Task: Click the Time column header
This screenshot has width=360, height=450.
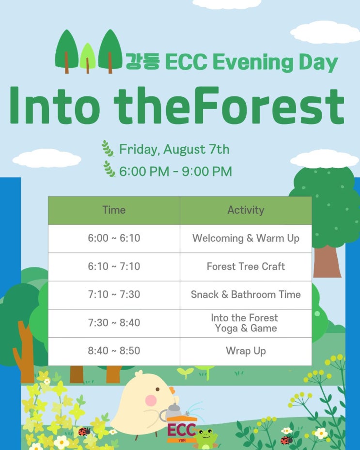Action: click(114, 210)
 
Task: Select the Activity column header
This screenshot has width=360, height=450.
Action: click(246, 210)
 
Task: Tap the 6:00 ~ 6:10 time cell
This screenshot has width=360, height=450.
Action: click(114, 238)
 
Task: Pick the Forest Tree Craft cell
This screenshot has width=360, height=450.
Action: click(246, 266)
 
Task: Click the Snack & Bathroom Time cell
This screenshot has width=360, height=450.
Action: click(246, 295)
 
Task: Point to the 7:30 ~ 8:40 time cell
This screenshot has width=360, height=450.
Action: click(114, 323)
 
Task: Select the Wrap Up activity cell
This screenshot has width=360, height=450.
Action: click(246, 351)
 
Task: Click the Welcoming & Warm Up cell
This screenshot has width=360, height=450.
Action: click(246, 238)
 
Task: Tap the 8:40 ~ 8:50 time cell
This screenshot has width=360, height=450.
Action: click(114, 351)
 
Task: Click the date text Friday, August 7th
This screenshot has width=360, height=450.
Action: click(174, 150)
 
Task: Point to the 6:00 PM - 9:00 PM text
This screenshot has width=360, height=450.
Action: click(175, 171)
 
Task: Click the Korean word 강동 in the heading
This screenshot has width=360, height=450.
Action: click(142, 62)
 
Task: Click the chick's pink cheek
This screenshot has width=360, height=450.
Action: click(151, 401)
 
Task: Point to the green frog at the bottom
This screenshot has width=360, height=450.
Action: click(205, 438)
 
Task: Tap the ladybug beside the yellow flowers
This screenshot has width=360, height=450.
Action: click(84, 431)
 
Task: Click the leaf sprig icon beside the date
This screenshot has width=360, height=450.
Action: click(108, 148)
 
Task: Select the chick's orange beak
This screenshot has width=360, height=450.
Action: click(172, 390)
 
